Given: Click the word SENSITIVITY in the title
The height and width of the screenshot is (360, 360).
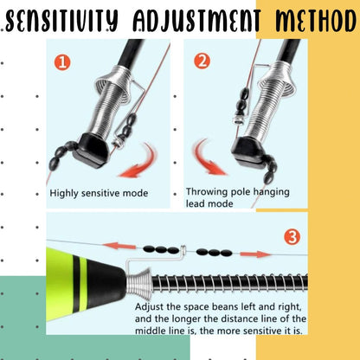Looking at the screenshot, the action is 61,21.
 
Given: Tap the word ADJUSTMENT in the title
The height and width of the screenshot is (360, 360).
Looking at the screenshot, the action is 196,21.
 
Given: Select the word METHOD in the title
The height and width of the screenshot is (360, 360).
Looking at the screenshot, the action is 316,21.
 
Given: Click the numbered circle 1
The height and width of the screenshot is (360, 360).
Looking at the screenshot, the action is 62,62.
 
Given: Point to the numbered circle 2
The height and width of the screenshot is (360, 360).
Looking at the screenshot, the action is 202,61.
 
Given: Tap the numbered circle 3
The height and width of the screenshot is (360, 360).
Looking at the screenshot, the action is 292,237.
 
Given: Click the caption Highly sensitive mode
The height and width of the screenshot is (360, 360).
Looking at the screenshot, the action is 99,193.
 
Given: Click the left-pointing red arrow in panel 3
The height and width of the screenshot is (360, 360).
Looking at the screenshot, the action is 119,246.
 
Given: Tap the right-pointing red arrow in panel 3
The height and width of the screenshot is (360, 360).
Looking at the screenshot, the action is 255,254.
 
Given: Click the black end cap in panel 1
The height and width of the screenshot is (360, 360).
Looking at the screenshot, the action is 92,151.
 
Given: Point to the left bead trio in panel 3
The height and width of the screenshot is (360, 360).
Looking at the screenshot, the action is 161,250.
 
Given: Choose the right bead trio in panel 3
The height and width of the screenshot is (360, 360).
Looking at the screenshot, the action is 214,253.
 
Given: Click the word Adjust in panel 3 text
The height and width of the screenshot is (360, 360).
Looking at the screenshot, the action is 149,307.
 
